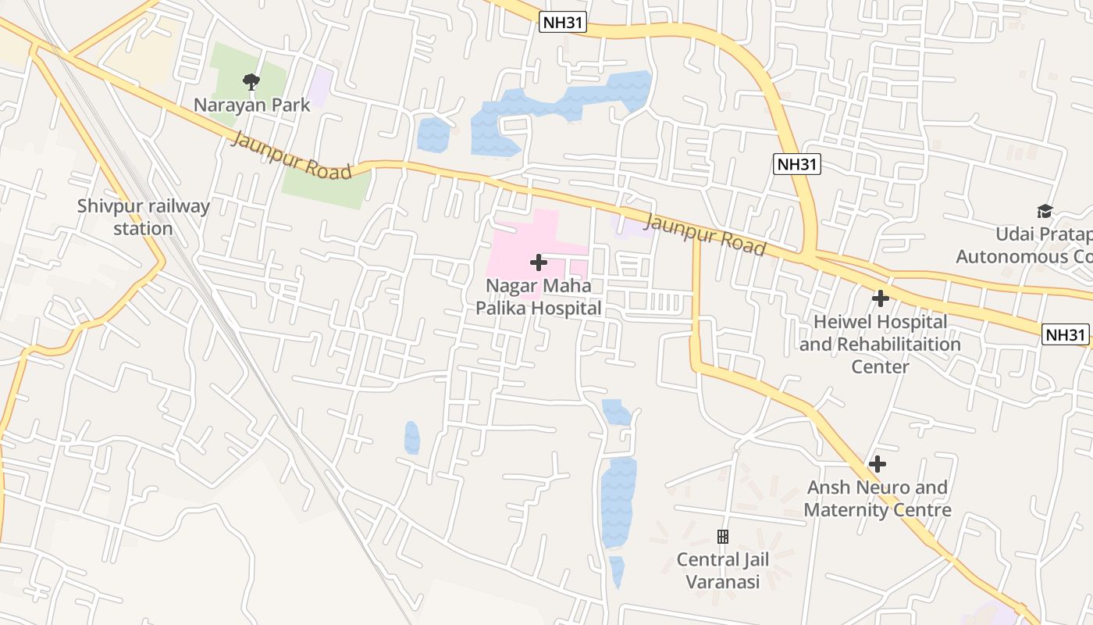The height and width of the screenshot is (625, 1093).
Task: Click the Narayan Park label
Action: [251, 105]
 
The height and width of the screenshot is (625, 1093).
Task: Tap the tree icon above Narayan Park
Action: [251, 81]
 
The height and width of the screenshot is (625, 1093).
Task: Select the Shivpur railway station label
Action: [144, 217]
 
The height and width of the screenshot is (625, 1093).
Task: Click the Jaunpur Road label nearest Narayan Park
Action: [292, 155]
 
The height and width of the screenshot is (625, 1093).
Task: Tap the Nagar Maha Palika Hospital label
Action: [539, 297]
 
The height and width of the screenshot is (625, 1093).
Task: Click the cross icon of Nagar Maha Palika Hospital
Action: [539, 262]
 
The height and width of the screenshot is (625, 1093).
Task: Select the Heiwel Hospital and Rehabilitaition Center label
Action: [880, 344]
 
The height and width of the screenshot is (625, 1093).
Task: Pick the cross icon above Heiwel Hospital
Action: [881, 298]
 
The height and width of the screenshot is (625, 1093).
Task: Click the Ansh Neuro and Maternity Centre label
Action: [878, 498]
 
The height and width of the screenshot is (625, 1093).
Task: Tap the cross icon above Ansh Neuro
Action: [878, 464]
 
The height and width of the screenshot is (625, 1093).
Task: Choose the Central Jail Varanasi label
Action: [723, 570]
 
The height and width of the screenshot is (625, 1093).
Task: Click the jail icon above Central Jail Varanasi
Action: [723, 537]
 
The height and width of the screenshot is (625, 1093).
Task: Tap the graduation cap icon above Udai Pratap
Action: [1045, 211]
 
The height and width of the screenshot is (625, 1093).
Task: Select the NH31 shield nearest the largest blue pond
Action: [562, 22]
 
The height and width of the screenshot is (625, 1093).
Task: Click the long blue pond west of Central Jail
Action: [618, 500]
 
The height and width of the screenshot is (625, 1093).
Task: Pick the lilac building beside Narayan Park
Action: [320, 85]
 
